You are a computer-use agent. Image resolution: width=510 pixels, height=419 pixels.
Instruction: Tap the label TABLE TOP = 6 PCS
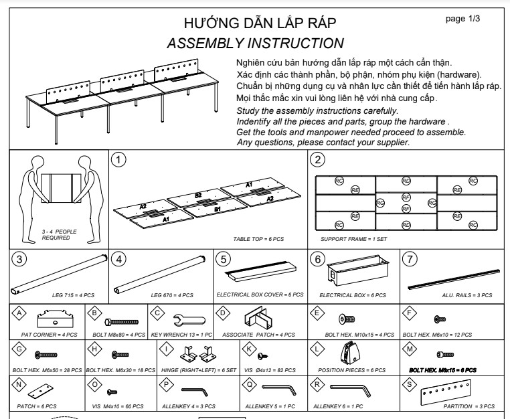[x=259, y=238]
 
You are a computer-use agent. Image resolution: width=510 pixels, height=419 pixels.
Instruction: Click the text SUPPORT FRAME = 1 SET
[x=354, y=238]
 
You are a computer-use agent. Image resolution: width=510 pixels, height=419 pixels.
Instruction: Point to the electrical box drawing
[x=351, y=272]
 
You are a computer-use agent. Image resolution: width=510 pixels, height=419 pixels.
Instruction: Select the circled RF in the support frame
[x=406, y=197]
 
